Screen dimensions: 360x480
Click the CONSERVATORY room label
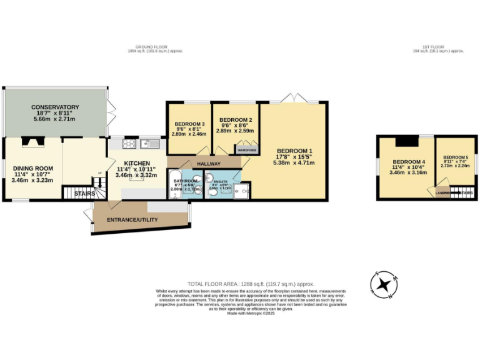tap(55, 107)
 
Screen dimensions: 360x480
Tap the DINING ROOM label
tap(32, 168)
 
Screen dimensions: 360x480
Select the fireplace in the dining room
tap(30, 142)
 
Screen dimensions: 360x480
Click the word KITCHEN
tap(132, 163)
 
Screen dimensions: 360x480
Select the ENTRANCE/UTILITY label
tap(132, 220)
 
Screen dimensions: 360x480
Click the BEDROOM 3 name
tap(188, 122)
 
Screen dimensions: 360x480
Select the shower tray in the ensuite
tap(242, 191)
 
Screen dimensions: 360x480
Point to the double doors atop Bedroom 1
tap(294, 99)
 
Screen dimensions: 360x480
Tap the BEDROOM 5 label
tap(455, 157)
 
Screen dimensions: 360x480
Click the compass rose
tap(384, 285)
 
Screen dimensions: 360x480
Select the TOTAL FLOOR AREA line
tap(250, 284)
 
